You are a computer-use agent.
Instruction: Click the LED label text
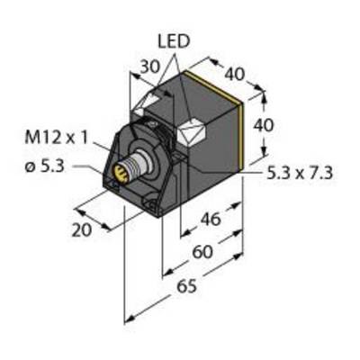tap(174, 42)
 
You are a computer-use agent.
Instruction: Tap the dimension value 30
tap(150, 67)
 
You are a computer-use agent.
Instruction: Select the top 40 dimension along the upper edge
tap(235, 74)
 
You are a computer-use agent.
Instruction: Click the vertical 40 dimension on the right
tap(264, 125)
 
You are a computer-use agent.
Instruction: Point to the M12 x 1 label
tap(57, 138)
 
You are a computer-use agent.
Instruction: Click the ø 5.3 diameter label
tap(44, 167)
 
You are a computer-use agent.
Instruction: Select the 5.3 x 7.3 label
tap(300, 173)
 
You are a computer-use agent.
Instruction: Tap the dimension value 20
tap(81, 230)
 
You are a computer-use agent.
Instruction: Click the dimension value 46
tap(211, 220)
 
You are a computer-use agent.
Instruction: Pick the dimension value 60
tap(202, 252)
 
